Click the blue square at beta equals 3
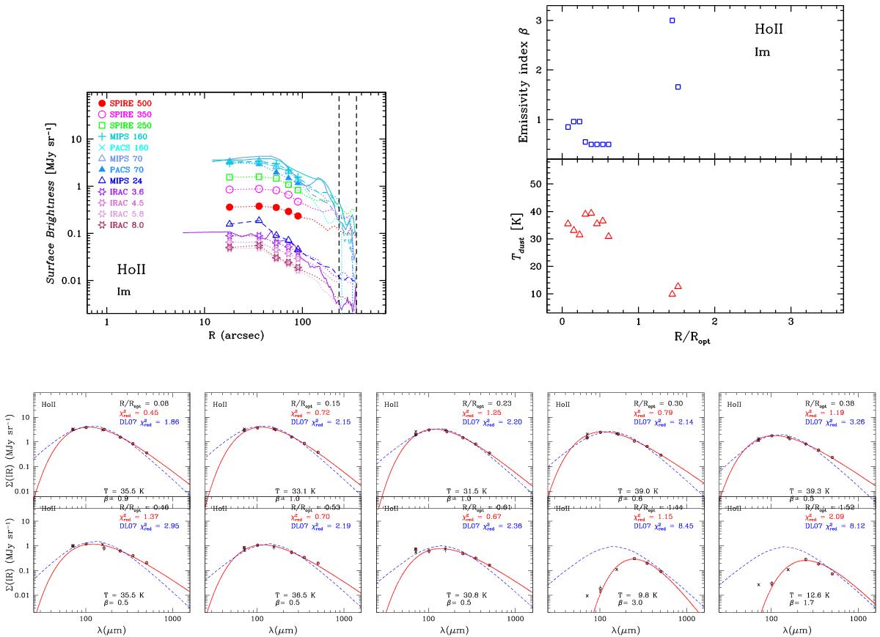pos(672,21)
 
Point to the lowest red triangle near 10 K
pos(672,294)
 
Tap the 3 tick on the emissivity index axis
pos(550,20)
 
